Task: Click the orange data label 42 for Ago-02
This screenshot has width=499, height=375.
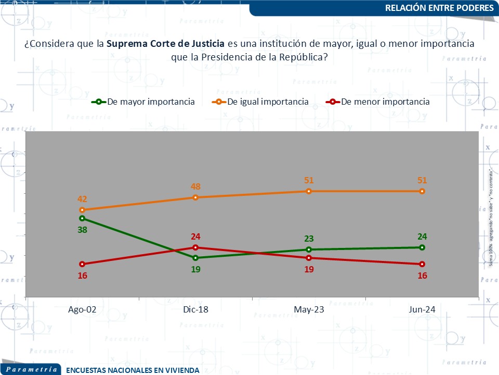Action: coord(82,198)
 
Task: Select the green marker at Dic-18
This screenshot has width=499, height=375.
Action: coord(195,258)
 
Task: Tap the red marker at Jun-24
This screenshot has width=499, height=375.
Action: coord(422,264)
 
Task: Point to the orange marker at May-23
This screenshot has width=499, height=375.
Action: coord(309,191)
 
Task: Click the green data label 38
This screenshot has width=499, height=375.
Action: coord(82,230)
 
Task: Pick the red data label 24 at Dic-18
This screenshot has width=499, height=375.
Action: coord(195,236)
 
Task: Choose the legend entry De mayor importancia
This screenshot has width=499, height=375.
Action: coord(151,102)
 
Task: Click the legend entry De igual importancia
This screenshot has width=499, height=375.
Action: coord(268,102)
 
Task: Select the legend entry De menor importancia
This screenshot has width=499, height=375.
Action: coord(385,102)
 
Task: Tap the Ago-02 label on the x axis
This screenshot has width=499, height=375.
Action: coord(82,309)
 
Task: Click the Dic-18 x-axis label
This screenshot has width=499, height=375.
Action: coord(195,309)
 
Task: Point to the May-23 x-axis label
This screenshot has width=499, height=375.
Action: coord(309,309)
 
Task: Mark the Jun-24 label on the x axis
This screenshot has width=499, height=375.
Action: coord(422,309)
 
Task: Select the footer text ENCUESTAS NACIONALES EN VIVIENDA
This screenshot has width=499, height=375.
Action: coord(133,370)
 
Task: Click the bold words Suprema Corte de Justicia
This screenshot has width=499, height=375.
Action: coord(165,44)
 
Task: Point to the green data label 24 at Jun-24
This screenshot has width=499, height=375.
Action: coord(422,236)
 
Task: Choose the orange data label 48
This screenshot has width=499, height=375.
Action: coord(195,186)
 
